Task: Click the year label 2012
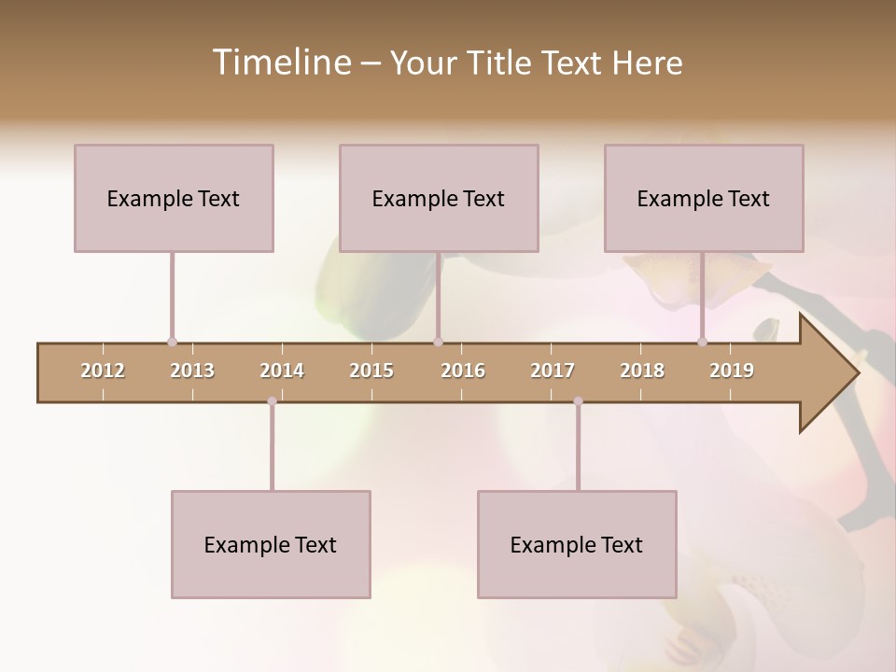tap(103, 371)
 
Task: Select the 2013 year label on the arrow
tap(192, 371)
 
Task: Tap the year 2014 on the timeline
tap(282, 371)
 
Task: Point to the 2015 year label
tap(371, 371)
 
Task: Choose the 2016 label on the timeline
tap(463, 371)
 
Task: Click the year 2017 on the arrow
tap(553, 371)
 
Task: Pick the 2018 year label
tap(642, 371)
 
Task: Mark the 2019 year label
tap(732, 371)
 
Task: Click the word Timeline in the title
tap(279, 63)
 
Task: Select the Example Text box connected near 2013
tap(174, 198)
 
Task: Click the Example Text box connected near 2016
tap(439, 198)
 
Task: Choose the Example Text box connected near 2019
tap(704, 198)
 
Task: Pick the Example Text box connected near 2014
tap(271, 544)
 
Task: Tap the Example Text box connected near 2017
tap(577, 544)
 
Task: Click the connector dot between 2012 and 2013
tap(172, 342)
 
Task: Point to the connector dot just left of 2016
tap(438, 342)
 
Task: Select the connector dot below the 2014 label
tap(272, 401)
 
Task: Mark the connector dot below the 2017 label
tap(578, 401)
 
